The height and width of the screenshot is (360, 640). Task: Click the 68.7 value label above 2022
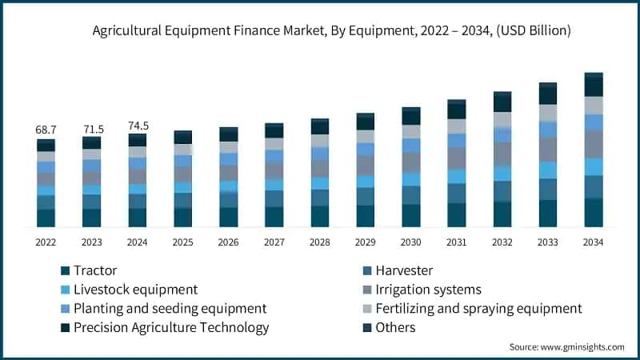(x=46, y=129)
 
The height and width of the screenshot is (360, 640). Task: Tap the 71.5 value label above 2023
(x=92, y=129)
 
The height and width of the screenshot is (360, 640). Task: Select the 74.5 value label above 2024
(x=138, y=126)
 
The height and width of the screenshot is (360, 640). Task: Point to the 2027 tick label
(x=274, y=242)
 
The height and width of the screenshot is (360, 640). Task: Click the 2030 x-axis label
(x=411, y=242)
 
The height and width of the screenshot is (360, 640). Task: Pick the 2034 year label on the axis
(x=593, y=242)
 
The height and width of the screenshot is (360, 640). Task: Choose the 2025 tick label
(x=183, y=242)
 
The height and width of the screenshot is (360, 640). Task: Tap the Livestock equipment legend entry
(x=135, y=289)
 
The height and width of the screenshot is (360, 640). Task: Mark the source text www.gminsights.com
(x=581, y=346)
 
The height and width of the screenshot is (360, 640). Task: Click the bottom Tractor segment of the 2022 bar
(x=46, y=218)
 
